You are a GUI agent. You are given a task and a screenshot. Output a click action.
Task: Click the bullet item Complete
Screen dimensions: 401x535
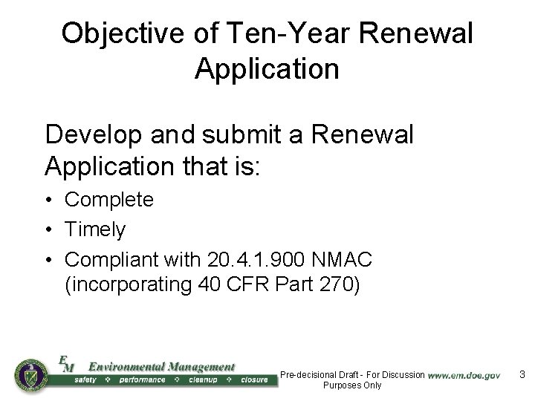pyautogui.click(x=109, y=200)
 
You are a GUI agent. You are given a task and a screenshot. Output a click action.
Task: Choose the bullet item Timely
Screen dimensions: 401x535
pyautogui.click(x=95, y=230)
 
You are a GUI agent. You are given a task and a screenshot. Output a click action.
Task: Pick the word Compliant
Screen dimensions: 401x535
pyautogui.click(x=112, y=260)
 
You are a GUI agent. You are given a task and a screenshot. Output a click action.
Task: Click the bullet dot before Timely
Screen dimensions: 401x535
pyautogui.click(x=48, y=230)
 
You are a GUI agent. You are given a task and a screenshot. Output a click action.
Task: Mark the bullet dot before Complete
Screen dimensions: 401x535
pyautogui.click(x=48, y=200)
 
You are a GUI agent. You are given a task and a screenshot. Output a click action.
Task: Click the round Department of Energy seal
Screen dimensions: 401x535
pyautogui.click(x=30, y=376)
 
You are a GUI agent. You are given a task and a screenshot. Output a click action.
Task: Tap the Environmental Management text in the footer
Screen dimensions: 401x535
pyautogui.click(x=161, y=367)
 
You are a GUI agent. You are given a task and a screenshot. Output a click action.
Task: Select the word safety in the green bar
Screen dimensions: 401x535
pyautogui.click(x=89, y=380)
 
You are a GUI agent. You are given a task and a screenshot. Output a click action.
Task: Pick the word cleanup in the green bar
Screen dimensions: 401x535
pyautogui.click(x=203, y=380)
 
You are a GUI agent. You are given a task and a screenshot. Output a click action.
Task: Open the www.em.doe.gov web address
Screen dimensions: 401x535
pyautogui.click(x=464, y=376)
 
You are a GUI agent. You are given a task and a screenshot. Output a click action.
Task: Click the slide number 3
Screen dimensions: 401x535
pyautogui.click(x=522, y=375)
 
